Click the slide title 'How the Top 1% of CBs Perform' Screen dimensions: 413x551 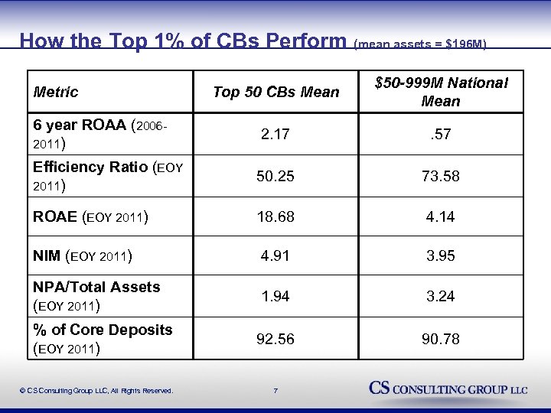coord(184,40)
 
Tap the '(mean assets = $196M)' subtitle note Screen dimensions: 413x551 coord(419,44)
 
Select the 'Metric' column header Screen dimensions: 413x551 coord(56,92)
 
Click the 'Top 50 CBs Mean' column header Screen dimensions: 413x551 coord(275,92)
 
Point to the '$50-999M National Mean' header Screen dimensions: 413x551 coord(441,92)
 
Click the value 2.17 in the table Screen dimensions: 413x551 coord(275,135)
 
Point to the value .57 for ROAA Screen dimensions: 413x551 coord(441,135)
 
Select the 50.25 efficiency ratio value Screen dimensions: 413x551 coord(275,176)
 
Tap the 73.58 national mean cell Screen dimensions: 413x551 coord(441,176)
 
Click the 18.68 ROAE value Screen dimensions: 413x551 coord(275,216)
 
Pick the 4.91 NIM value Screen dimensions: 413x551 coord(275,256)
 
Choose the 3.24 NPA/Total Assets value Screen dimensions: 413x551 coord(441,296)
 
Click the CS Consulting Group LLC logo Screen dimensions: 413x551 coord(448,389)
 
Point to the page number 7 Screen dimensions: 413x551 coord(275,391)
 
